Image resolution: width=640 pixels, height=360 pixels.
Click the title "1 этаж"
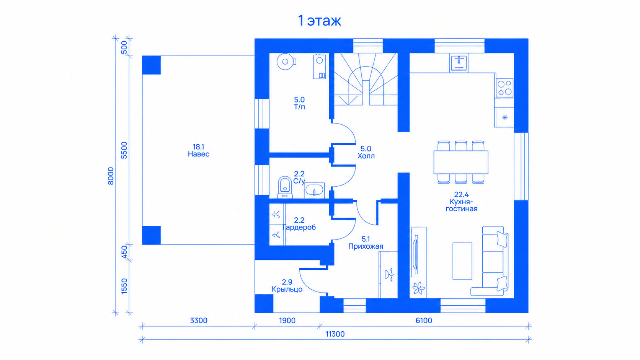click(x=320, y=21)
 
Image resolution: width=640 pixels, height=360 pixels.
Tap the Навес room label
click(x=199, y=154)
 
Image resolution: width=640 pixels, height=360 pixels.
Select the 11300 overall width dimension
click(x=335, y=334)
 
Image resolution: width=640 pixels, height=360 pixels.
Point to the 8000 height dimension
click(x=111, y=176)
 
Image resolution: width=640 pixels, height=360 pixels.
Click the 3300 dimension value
click(x=199, y=321)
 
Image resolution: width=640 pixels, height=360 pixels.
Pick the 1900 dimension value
click(x=287, y=321)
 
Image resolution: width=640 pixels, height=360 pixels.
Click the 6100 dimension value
click(x=424, y=321)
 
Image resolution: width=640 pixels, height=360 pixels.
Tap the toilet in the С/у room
click(x=285, y=187)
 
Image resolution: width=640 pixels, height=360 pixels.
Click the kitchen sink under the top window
click(x=459, y=63)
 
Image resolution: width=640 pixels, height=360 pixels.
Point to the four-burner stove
click(x=504, y=88)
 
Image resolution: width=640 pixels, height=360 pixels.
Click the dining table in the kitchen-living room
click(x=461, y=162)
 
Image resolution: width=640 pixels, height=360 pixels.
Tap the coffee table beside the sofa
click(x=462, y=261)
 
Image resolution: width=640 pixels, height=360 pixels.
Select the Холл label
click(x=366, y=156)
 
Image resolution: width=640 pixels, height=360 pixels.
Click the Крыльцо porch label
click(x=287, y=290)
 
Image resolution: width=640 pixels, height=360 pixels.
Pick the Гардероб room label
click(x=299, y=228)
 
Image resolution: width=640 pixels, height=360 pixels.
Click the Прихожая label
click(x=366, y=246)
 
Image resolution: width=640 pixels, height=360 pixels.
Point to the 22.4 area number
click(x=461, y=195)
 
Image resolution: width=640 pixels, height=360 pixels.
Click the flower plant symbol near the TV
click(x=419, y=288)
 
